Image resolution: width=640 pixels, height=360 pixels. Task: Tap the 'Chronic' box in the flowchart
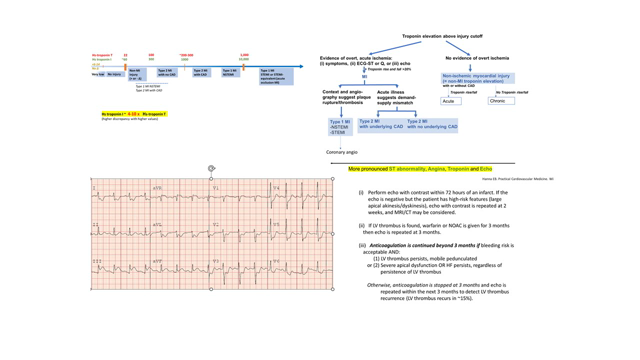coord(501,101)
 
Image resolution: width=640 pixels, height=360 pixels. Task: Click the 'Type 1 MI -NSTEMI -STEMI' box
coord(340,127)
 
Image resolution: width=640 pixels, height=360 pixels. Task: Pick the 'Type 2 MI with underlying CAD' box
coord(381,125)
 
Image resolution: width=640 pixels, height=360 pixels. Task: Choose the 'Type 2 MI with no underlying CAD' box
coord(432,125)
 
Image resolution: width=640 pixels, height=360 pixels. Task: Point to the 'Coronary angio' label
coord(341,152)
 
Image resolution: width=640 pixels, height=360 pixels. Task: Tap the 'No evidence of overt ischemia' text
coord(476,58)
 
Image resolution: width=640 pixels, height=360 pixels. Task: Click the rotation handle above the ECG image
coord(211,169)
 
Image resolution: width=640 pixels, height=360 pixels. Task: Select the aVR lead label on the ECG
coord(158,188)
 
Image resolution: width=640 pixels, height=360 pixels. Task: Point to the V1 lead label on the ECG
coord(215,188)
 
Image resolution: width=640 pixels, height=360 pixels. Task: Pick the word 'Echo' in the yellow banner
coord(486,169)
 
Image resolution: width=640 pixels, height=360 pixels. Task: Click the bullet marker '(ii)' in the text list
coord(362,225)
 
